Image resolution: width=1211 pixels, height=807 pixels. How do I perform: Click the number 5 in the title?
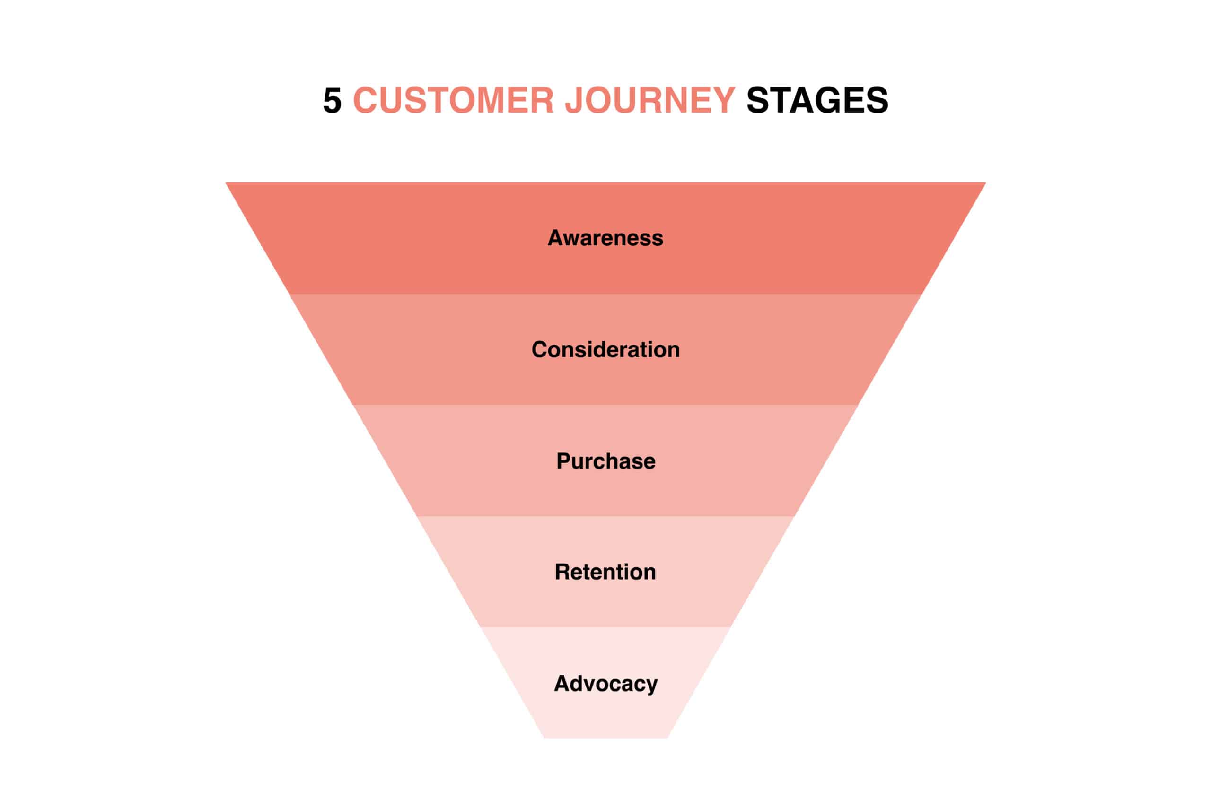pos(332,100)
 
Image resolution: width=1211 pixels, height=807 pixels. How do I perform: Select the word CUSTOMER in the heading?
pos(453,100)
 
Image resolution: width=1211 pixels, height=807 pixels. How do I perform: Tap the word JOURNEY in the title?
pos(650,100)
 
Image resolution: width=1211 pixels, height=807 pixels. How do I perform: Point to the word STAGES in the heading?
pos(817,100)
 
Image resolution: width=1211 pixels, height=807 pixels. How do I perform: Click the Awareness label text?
pos(605,238)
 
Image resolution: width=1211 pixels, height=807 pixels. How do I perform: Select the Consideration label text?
pos(605,349)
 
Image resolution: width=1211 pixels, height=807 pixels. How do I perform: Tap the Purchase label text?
pos(605,460)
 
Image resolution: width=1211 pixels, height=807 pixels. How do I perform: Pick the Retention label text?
pos(605,572)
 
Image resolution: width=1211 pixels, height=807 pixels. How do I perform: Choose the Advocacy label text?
pos(605,684)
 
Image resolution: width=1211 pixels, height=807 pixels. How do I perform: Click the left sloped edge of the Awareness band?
pos(257,238)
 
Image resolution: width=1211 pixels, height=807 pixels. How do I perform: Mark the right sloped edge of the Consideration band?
pos(890,349)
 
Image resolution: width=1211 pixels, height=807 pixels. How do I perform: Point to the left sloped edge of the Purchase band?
pos(385,460)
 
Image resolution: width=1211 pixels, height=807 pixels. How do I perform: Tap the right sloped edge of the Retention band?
pos(763,572)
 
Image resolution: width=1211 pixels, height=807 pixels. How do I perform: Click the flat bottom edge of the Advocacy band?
pos(605,738)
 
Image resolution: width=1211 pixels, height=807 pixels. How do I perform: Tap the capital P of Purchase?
pos(563,460)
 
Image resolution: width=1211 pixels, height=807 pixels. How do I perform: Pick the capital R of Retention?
pos(562,572)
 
